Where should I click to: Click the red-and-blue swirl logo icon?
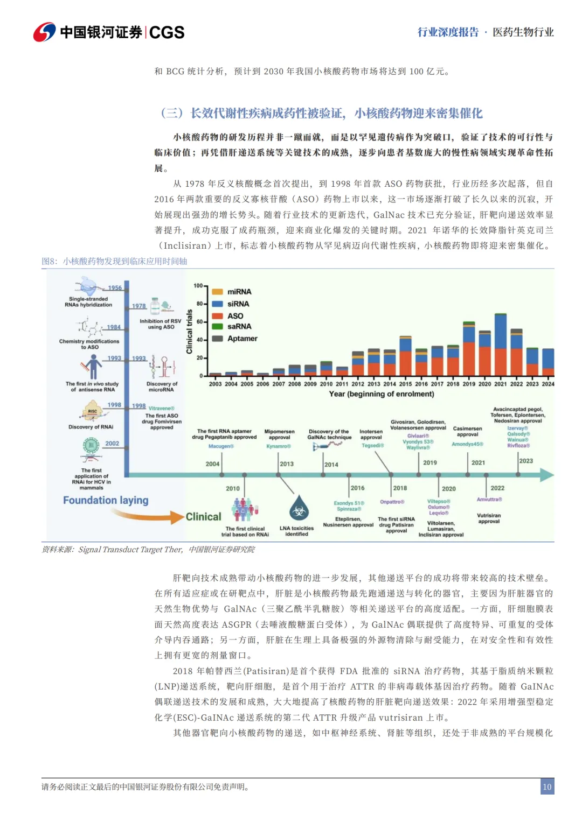coord(44,32)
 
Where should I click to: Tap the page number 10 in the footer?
coord(547,786)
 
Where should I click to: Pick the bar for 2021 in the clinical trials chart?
coord(501,345)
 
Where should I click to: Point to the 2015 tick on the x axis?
coord(405,384)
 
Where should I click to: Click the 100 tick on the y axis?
coord(198,286)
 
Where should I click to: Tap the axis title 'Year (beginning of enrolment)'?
coord(381,394)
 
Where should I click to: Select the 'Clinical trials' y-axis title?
coord(189,332)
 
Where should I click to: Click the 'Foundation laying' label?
coord(106,500)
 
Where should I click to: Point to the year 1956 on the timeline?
coord(115,288)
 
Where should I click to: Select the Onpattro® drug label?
coord(392,502)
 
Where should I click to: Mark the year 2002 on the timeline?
coord(112,444)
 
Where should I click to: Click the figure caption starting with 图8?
coord(114,262)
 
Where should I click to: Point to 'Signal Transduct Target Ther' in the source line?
coord(130,550)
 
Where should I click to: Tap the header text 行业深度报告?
coord(448,32)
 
